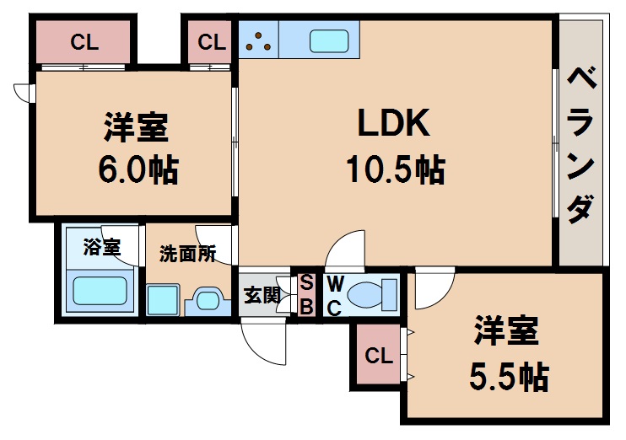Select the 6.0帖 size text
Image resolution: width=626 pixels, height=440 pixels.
pos(137,171)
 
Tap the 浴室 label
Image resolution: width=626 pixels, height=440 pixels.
pos(101,248)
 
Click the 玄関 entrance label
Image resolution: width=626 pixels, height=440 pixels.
pos(262,295)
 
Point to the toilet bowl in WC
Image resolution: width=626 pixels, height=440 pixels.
pos(371,295)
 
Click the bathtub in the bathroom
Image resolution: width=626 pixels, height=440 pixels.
pos(99,291)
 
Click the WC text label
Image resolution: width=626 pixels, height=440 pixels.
pos(334,294)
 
